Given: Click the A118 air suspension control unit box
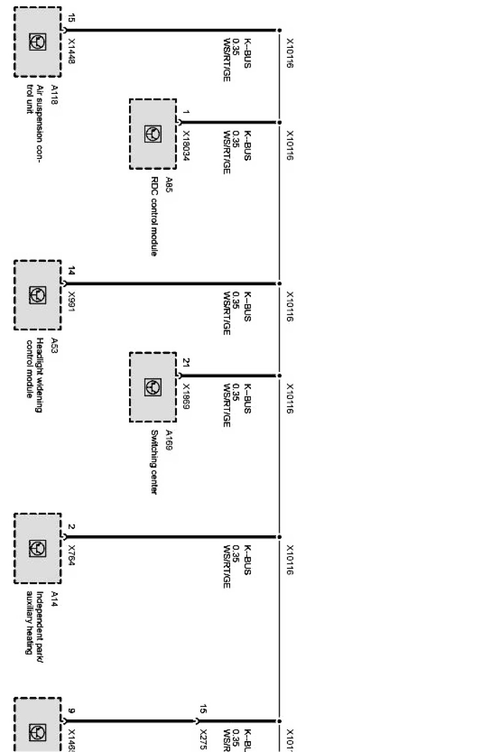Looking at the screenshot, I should tap(38, 42).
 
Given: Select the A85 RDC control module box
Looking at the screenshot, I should tap(153, 134).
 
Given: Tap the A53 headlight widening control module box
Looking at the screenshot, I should tap(38, 295).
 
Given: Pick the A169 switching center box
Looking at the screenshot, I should tap(153, 387).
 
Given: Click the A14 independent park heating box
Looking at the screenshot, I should tap(38, 548).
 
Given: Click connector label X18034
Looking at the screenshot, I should tap(186, 145).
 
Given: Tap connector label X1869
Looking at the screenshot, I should tap(186, 396).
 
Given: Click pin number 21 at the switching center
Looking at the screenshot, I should tap(186, 362).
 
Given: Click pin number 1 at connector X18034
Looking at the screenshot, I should tap(186, 112).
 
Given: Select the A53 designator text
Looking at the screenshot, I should tap(54, 345).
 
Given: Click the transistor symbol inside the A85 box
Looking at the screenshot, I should tap(153, 134).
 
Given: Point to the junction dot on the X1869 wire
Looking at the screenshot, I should tap(279, 376).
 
